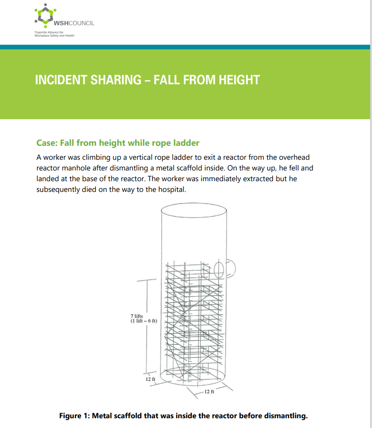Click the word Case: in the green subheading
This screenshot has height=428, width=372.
point(47,143)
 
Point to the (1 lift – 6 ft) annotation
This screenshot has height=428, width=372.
point(143,321)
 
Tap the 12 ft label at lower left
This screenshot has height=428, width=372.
point(150,380)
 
